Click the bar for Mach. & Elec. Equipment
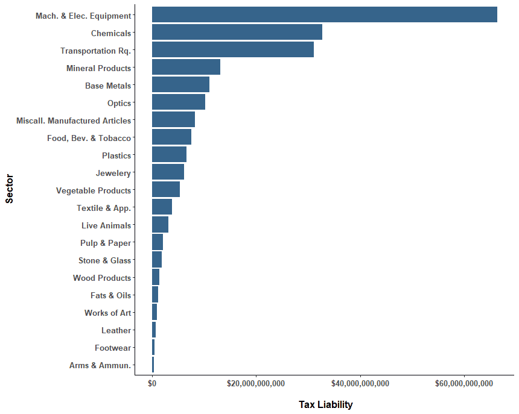324,15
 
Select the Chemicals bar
237,33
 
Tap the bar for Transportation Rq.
232,50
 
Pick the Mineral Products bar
186,67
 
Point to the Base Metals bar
180,85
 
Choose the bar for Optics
178,102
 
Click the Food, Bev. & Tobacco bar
171,137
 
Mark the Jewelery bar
168,172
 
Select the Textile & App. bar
162,207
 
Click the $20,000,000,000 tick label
256,383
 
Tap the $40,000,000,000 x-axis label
360,383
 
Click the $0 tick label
152,383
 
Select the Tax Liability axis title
325,404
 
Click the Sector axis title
10,189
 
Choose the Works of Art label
107,313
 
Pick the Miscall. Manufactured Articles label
73,121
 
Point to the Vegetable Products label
93,190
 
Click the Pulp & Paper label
105,243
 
